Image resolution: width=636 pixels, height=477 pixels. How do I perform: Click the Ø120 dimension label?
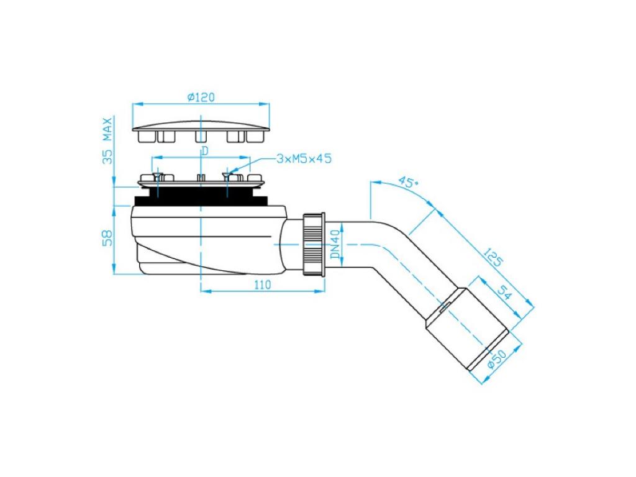pyautogui.click(x=201, y=98)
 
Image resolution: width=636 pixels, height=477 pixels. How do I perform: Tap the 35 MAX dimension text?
pyautogui.click(x=107, y=140)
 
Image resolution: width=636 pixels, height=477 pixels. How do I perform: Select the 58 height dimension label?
pyautogui.click(x=107, y=238)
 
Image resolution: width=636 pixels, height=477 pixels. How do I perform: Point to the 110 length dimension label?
pyautogui.click(x=263, y=285)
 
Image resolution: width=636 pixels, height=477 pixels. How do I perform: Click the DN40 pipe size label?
pyautogui.click(x=335, y=245)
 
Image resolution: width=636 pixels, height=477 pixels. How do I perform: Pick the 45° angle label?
pyautogui.click(x=407, y=181)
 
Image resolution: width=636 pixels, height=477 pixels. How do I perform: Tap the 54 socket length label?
pyautogui.click(x=504, y=293)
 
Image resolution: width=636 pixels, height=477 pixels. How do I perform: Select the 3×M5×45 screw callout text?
pyautogui.click(x=304, y=158)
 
